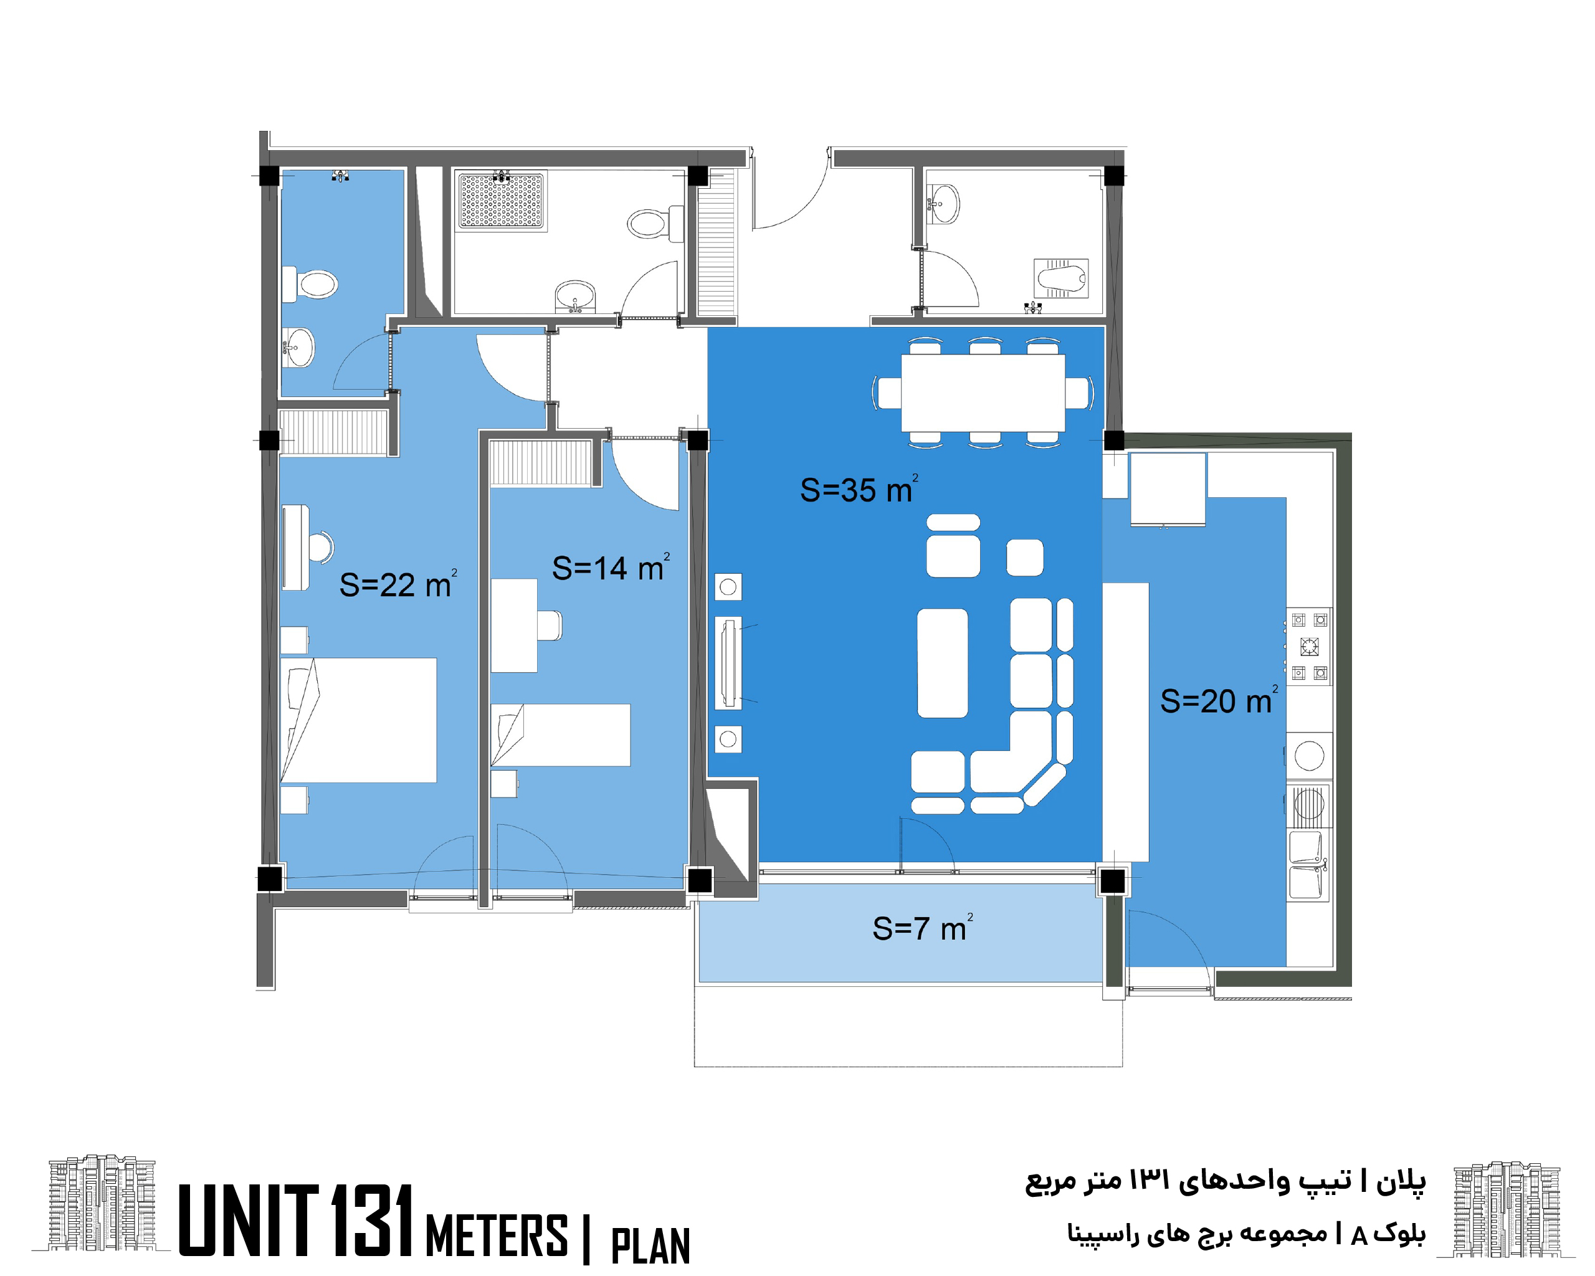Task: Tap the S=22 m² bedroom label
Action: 398,584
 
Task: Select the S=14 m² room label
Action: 611,568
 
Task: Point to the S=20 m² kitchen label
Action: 1219,700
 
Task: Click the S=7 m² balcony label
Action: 923,928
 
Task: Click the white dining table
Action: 983,393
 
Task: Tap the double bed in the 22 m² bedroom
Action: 359,720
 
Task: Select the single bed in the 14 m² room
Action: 561,735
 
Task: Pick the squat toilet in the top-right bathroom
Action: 1062,278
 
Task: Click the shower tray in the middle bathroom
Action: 501,201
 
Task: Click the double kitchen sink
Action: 1308,865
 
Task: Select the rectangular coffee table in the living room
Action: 943,663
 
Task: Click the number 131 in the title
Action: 371,1220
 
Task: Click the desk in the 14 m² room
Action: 514,625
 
